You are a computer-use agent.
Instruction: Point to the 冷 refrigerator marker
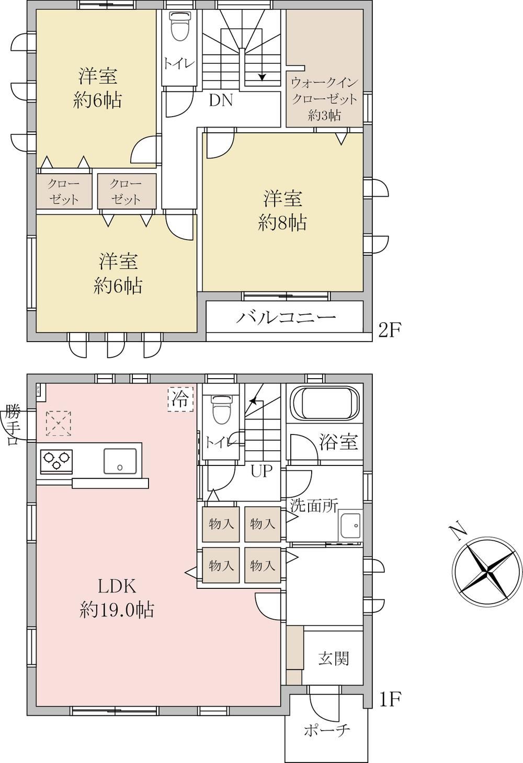click(x=180, y=399)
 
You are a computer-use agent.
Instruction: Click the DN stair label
click(x=221, y=100)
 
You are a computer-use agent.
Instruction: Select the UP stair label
click(x=261, y=471)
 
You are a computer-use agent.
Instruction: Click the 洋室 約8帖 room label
click(x=282, y=211)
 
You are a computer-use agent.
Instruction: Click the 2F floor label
click(x=389, y=331)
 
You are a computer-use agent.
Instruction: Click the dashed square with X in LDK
click(x=59, y=424)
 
